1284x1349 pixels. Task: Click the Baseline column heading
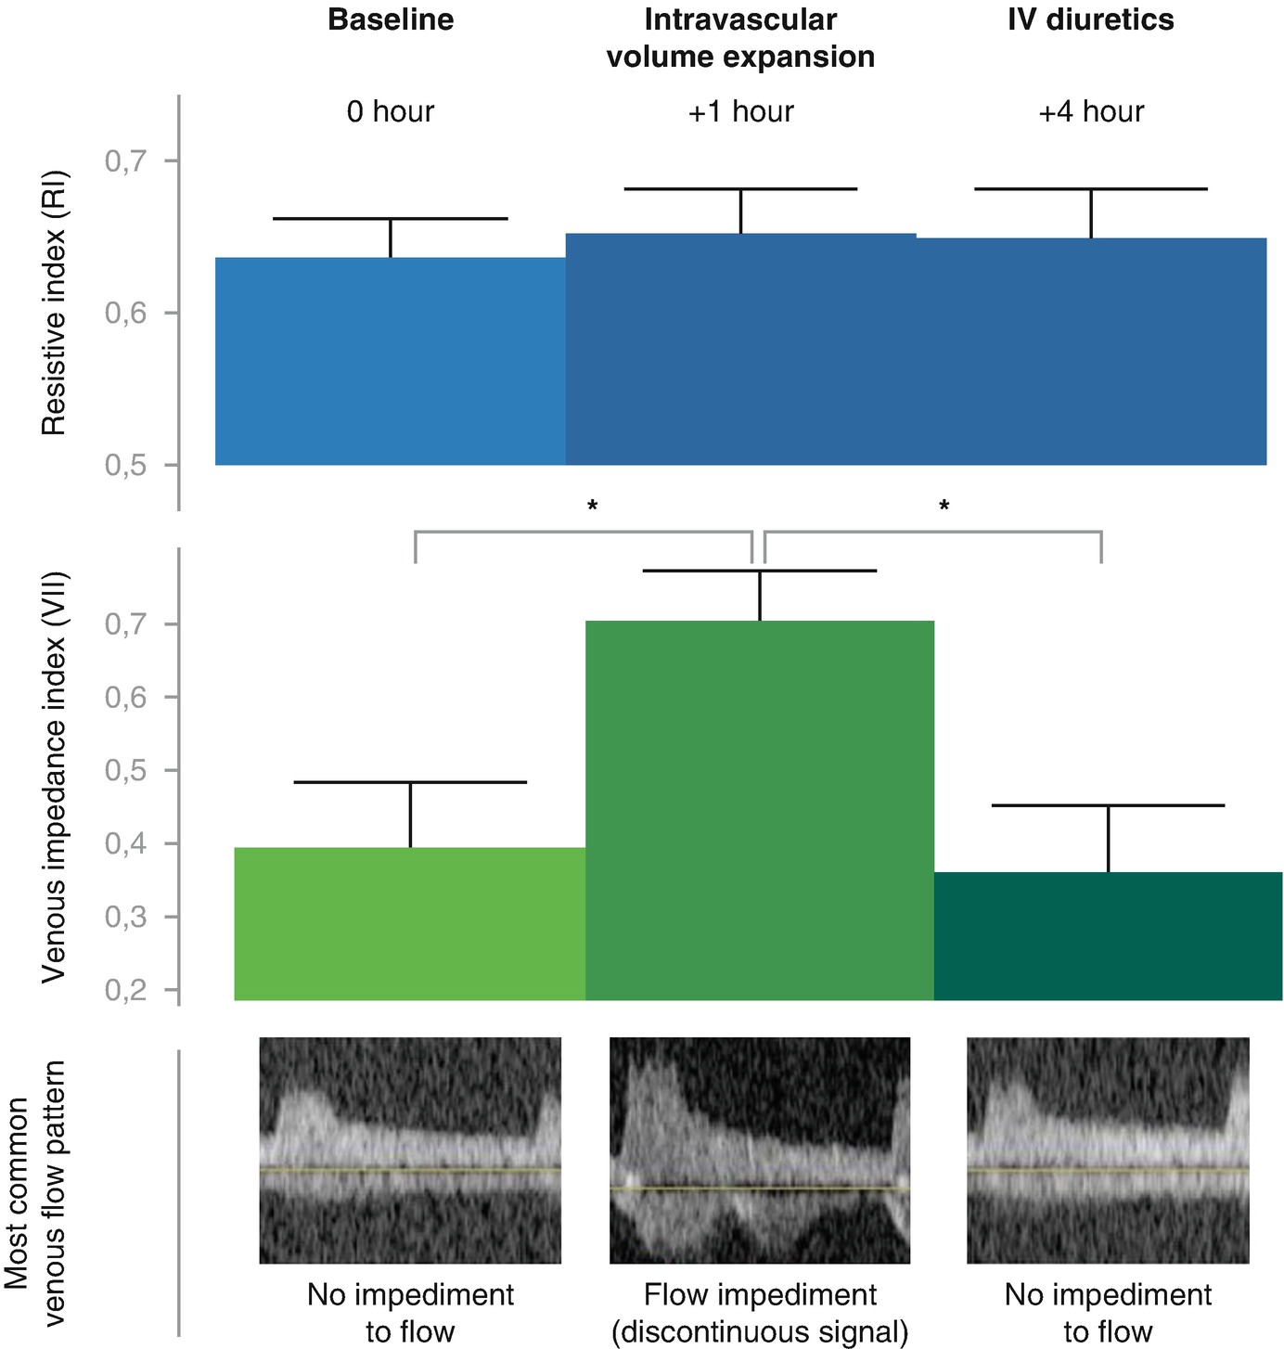tap(391, 20)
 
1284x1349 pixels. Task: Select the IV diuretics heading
tap(1090, 20)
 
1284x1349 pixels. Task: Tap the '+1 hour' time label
tap(740, 112)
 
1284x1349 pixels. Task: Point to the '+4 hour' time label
tap(1090, 112)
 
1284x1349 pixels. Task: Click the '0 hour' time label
tap(391, 112)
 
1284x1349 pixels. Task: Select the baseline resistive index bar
tap(391, 361)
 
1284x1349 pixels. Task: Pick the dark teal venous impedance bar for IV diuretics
tap(1108, 936)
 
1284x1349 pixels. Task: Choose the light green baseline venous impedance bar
tap(409, 923)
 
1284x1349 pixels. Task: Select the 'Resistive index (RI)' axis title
tap(54, 302)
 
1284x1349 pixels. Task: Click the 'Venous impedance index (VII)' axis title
tap(54, 776)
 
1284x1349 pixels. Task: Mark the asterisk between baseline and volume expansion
tap(592, 507)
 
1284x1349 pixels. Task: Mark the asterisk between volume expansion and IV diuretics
tap(944, 507)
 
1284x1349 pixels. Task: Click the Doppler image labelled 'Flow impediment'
tap(759, 1150)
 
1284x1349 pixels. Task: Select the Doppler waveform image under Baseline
tap(410, 1150)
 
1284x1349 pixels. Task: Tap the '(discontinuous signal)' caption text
tap(759, 1332)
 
